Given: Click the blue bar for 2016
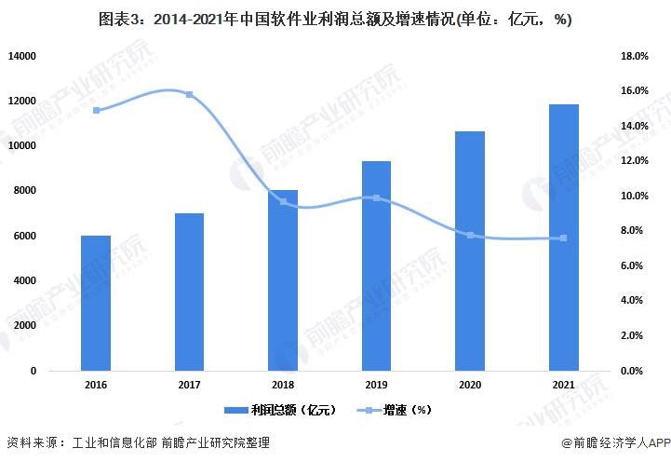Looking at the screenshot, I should pos(96,303).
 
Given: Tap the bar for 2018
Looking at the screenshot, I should pos(283,279).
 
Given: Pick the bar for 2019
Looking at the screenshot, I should pos(376,265).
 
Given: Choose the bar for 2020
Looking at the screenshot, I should pos(470,251).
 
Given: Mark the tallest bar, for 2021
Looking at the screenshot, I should pos(563,237).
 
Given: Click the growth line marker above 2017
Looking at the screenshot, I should pos(189,95).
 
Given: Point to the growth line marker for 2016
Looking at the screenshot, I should pos(96,110).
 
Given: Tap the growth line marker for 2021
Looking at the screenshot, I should pos(563,238).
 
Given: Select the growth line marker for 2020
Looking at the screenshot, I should pos(470,235).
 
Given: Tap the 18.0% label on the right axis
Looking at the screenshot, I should pos(634,56).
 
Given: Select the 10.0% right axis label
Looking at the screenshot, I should pos(634,196).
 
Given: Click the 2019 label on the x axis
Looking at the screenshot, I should pos(376,383).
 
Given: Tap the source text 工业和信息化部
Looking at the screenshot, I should pos(113,443).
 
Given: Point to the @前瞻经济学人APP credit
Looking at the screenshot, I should pos(615,443).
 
